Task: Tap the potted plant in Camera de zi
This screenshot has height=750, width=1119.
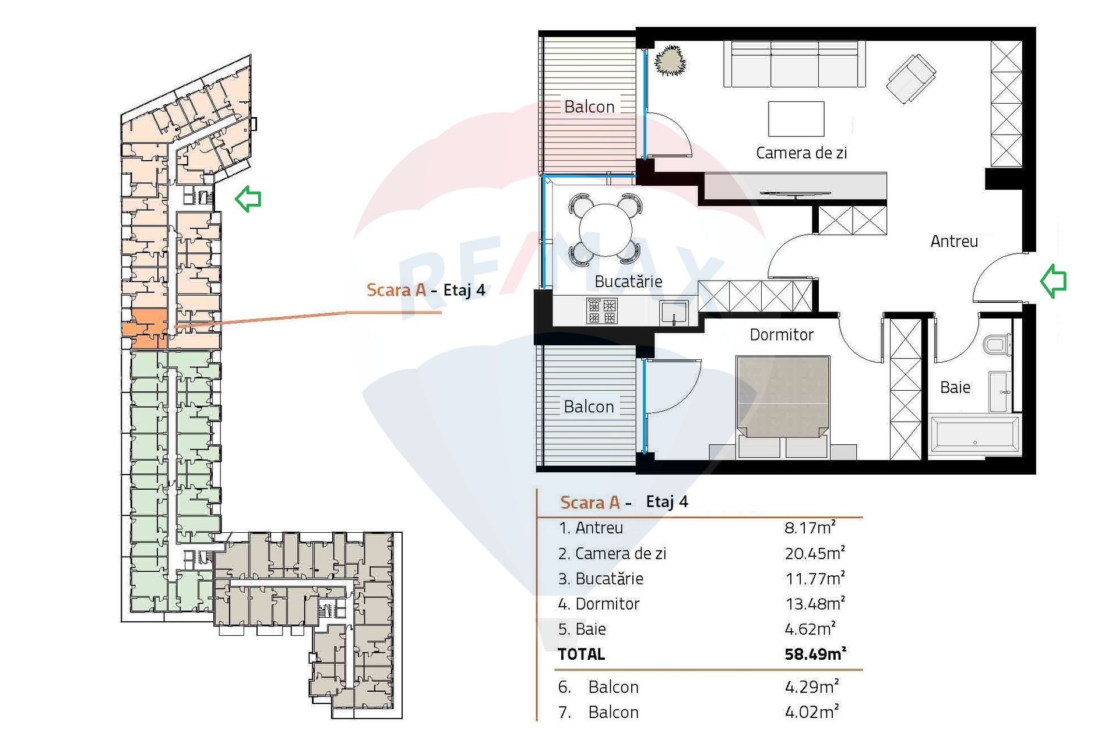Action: click(670, 61)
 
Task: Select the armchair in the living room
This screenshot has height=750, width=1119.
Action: click(911, 78)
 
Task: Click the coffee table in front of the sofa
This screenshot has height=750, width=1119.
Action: click(796, 119)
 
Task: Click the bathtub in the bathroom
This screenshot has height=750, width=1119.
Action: click(974, 434)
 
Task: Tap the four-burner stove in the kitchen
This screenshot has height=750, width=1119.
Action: click(601, 311)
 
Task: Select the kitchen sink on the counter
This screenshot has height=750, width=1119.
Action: click(674, 312)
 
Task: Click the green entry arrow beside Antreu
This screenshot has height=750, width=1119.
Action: click(1053, 281)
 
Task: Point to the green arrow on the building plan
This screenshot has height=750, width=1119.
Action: click(248, 199)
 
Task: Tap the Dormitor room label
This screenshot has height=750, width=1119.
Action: click(781, 335)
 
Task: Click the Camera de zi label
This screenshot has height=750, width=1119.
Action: click(801, 153)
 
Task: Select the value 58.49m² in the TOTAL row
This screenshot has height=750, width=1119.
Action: click(814, 654)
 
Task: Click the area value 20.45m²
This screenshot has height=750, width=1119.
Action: click(814, 553)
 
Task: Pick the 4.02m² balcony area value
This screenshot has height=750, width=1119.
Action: click(811, 712)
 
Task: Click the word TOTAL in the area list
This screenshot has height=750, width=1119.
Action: click(581, 655)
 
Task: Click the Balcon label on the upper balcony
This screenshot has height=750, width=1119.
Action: click(589, 107)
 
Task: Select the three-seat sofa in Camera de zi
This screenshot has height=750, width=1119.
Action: click(794, 64)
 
